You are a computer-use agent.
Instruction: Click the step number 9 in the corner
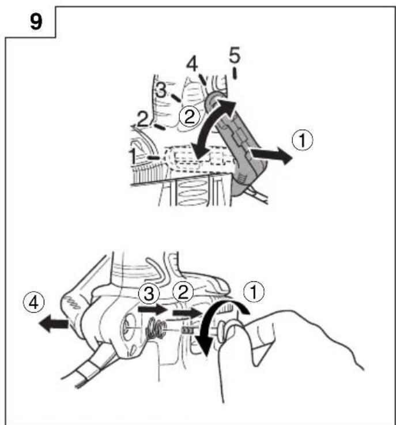tap(36, 22)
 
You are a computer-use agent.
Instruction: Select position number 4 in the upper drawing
tap(192, 65)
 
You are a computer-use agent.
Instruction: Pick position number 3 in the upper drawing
tap(161, 91)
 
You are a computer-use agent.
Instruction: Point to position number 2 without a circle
tap(143, 119)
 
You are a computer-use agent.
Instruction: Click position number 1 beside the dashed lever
tap(133, 156)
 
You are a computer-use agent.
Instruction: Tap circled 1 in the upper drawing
tap(302, 140)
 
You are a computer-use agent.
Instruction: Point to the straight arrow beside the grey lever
tap(271, 155)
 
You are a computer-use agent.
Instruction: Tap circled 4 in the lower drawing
tap(33, 303)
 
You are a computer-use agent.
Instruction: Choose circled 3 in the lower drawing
tap(149, 294)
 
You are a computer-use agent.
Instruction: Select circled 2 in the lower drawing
tap(183, 292)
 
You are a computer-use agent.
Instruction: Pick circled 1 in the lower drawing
tap(254, 292)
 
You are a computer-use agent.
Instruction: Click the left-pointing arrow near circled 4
tap(54, 324)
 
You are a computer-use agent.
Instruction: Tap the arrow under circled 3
tap(153, 310)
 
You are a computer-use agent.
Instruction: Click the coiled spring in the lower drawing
tap(156, 328)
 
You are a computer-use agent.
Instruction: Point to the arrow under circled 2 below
tap(188, 313)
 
